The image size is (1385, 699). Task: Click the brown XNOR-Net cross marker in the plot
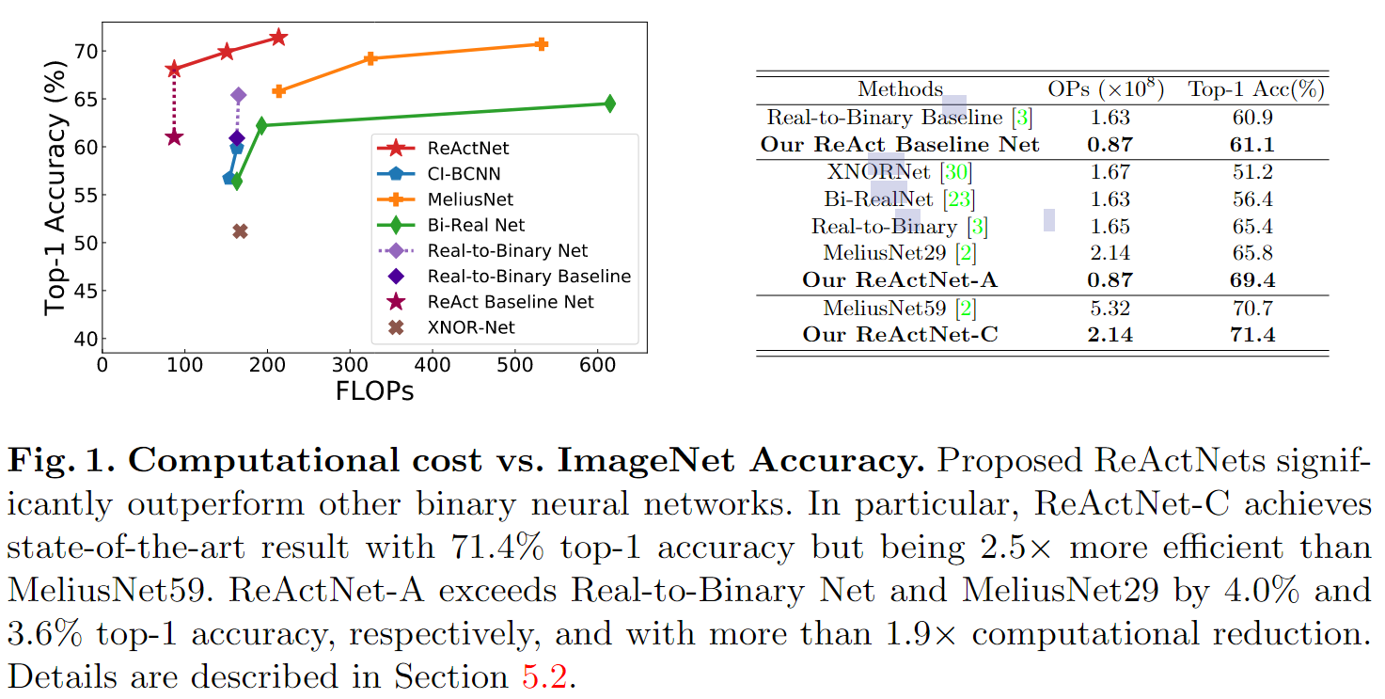[x=240, y=231]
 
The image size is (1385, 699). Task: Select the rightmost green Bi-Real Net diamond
[x=609, y=103]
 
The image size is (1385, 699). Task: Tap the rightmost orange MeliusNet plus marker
[x=542, y=44]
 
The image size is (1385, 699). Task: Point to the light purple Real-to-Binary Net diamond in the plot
[x=239, y=95]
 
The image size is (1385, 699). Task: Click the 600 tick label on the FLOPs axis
[x=597, y=365]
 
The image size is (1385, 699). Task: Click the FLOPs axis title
[x=374, y=390]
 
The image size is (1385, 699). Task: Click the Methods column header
[x=900, y=89]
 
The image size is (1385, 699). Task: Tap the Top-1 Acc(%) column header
[x=1256, y=89]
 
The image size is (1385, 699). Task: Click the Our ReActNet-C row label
[x=900, y=335]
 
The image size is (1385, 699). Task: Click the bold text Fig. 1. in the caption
[x=61, y=460]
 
